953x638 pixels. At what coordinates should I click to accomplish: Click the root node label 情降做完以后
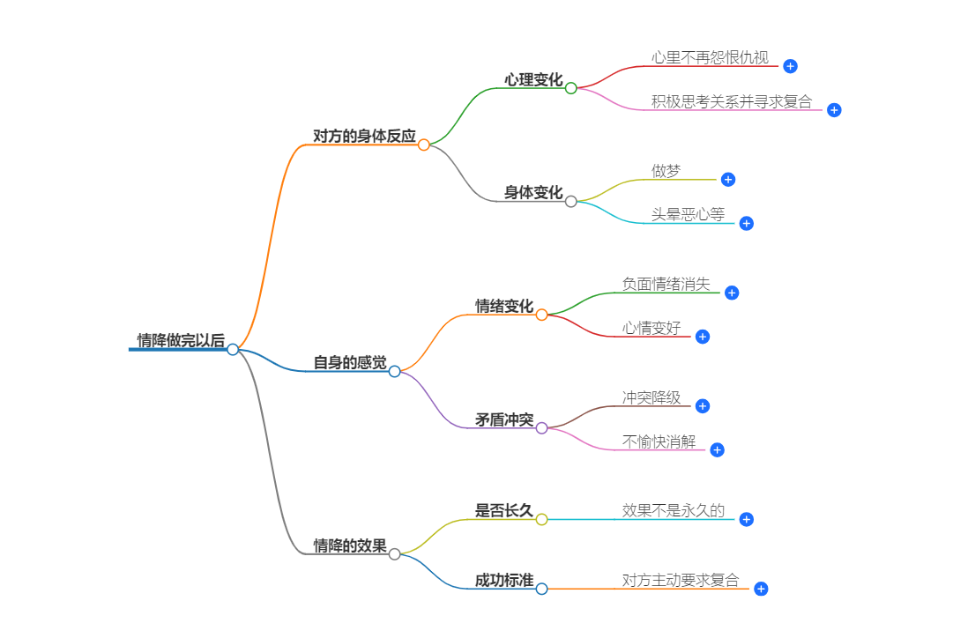pyautogui.click(x=181, y=340)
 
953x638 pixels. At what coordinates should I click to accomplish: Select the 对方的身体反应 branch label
pyautogui.click(x=364, y=136)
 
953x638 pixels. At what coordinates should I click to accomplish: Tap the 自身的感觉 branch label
pyautogui.click(x=350, y=362)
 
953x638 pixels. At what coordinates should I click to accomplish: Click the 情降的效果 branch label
pyautogui.click(x=350, y=545)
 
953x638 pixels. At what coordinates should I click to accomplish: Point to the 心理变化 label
pyautogui.click(x=533, y=79)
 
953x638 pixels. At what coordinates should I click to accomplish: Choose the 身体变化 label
pyautogui.click(x=533, y=192)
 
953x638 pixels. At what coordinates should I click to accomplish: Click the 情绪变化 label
pyautogui.click(x=504, y=306)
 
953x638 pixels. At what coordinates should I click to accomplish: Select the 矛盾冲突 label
pyautogui.click(x=504, y=419)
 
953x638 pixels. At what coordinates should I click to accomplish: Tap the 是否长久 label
pyautogui.click(x=504, y=510)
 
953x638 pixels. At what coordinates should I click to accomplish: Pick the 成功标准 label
pyautogui.click(x=504, y=580)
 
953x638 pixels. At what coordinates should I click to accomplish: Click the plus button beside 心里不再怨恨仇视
pyautogui.click(x=791, y=66)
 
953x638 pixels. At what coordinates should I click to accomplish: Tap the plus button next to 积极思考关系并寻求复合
pyautogui.click(x=834, y=110)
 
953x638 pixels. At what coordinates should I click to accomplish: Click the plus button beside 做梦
pyautogui.click(x=728, y=179)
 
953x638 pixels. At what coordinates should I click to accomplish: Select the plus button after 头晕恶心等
pyautogui.click(x=747, y=223)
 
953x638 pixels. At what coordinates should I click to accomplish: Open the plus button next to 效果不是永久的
pyautogui.click(x=747, y=519)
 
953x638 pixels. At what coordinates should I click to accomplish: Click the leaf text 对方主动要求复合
pyautogui.click(x=681, y=580)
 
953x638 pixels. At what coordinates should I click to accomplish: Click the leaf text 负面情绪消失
pyautogui.click(x=666, y=284)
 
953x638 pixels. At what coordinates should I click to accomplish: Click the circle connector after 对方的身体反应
pyautogui.click(x=424, y=145)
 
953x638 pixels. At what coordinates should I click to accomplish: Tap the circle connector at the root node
pyautogui.click(x=233, y=349)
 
